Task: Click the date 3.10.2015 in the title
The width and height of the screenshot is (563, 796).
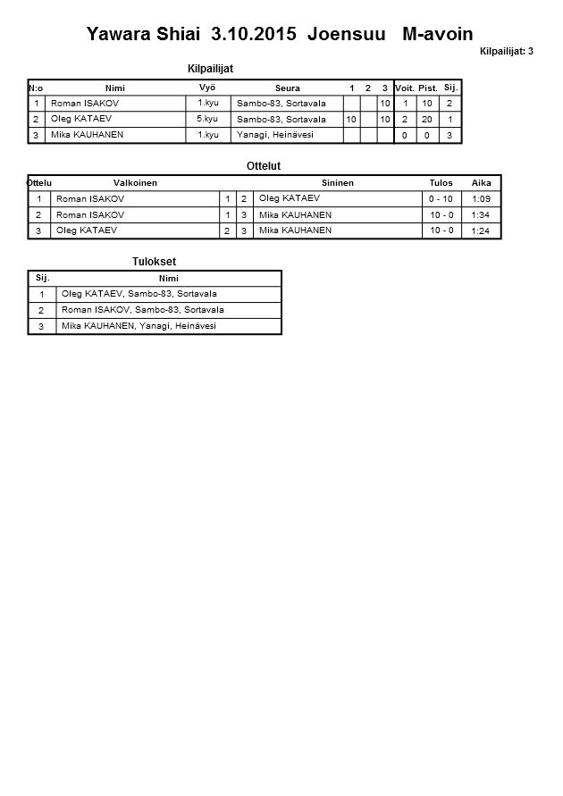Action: [255, 34]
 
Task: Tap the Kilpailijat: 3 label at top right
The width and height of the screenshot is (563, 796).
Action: [506, 52]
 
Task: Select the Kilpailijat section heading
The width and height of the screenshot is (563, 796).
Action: [211, 69]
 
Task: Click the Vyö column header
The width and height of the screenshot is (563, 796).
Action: [207, 88]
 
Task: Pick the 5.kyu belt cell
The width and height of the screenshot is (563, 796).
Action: [207, 119]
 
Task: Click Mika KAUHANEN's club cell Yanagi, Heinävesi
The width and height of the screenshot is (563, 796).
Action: [274, 135]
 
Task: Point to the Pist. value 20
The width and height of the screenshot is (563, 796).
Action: [427, 119]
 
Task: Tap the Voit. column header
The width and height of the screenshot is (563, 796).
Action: [405, 88]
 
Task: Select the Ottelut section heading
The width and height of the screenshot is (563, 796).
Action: [264, 166]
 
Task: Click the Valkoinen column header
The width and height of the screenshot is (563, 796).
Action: [135, 183]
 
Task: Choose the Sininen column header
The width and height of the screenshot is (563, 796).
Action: [338, 183]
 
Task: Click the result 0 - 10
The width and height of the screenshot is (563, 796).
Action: [441, 199]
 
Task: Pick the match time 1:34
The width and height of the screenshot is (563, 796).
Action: [482, 215]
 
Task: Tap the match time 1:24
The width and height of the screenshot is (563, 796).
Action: [482, 230]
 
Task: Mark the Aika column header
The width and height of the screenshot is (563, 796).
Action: [482, 183]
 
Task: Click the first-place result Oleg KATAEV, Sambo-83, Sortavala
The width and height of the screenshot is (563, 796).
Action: [139, 294]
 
